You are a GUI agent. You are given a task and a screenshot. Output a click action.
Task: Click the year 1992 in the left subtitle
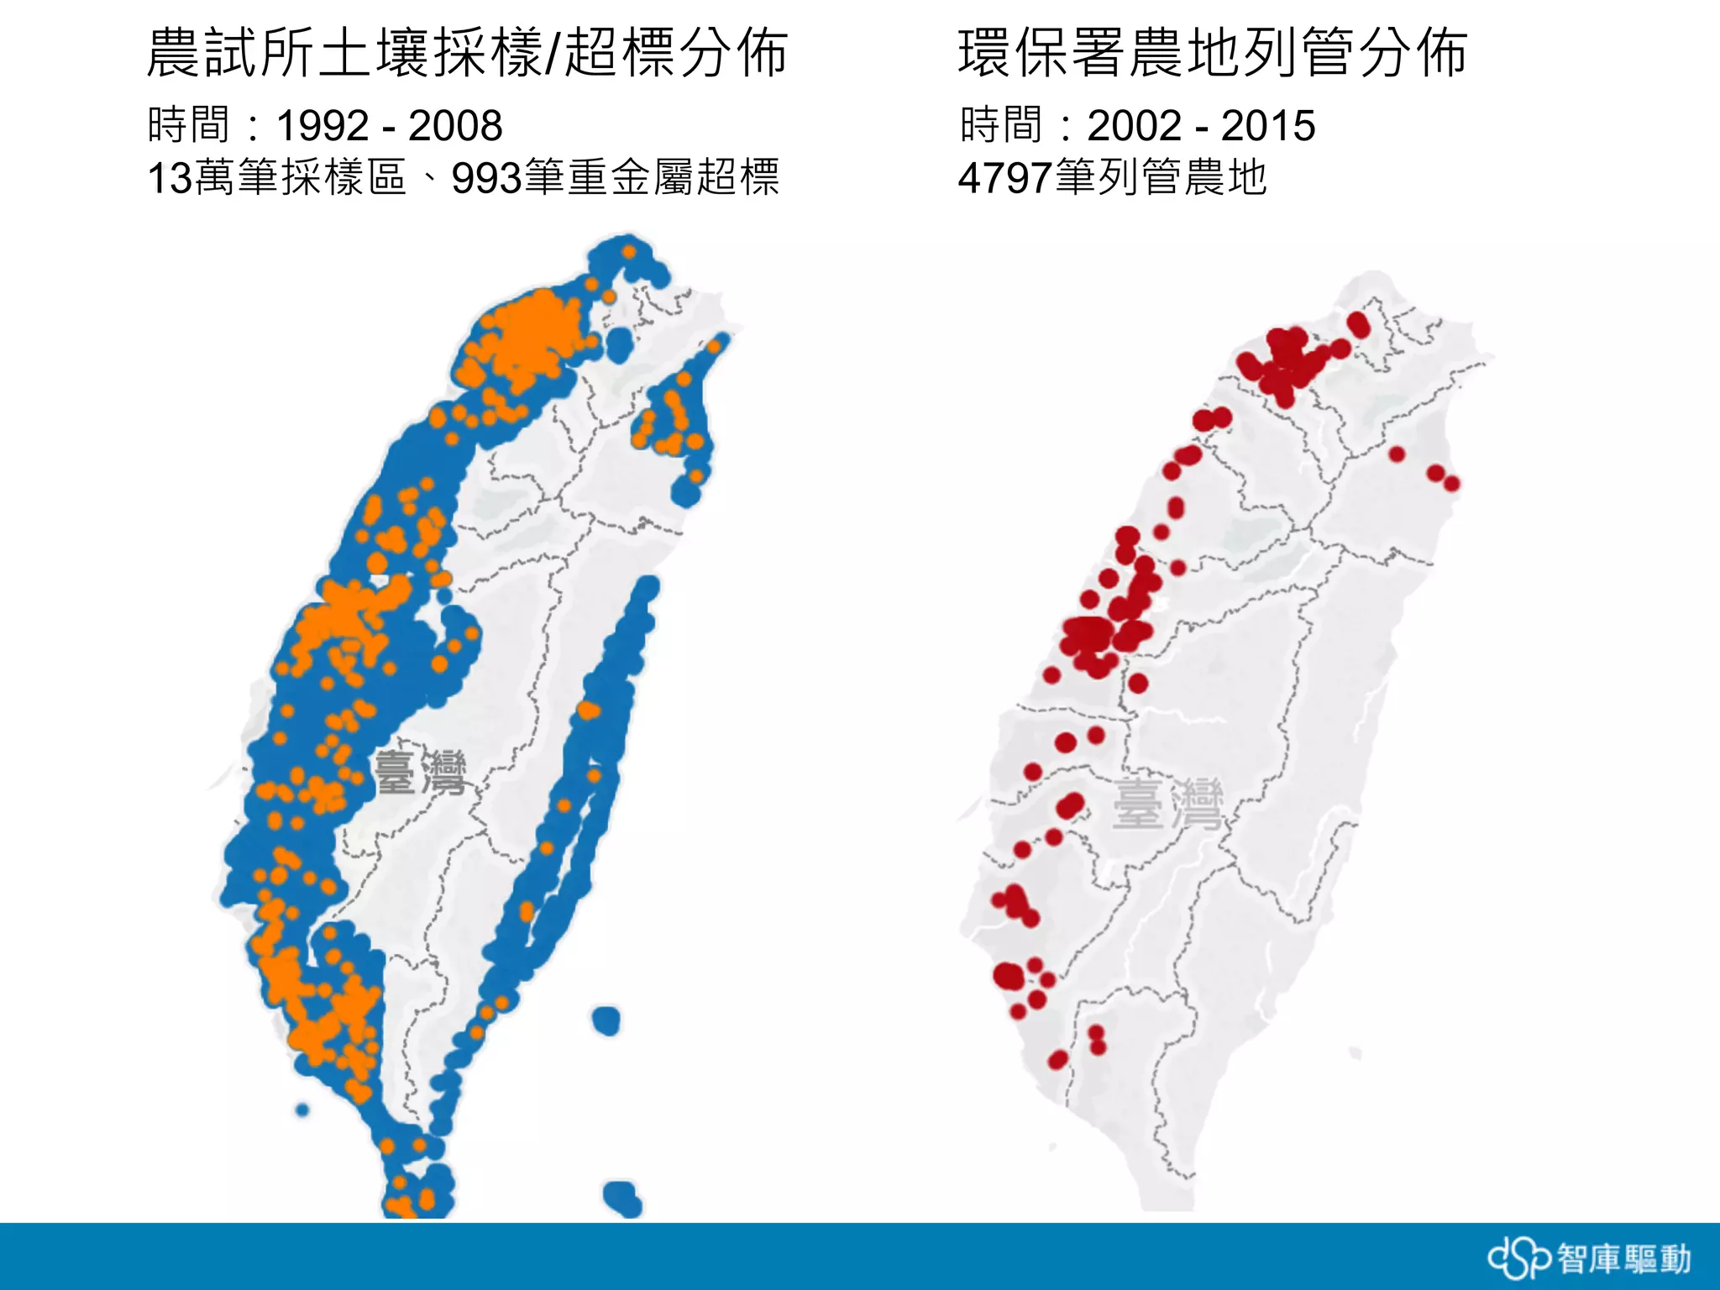322,126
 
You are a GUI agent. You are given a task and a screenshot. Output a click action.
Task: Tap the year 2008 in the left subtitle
455,126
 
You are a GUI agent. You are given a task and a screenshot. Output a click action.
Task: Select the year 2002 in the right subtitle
1134,126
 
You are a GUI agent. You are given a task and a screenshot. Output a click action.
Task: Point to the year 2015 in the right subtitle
1267,126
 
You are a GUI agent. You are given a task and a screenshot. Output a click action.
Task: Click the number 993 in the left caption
486,178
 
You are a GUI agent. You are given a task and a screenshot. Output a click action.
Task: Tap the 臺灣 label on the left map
420,773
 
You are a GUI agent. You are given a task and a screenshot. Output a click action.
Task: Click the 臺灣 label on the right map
1167,805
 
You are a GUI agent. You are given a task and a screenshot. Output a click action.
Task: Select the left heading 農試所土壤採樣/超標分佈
467,52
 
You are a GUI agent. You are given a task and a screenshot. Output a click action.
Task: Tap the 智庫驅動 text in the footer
1623,1259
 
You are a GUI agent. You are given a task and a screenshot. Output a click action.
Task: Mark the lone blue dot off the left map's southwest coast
302,1110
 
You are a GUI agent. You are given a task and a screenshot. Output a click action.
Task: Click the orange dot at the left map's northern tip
629,251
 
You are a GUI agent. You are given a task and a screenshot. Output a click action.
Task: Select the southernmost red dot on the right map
1058,1060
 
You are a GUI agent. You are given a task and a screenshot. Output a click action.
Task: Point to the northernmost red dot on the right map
1358,323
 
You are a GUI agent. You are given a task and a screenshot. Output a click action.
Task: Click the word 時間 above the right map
1000,126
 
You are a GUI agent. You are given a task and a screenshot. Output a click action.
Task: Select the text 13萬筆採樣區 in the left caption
276,178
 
